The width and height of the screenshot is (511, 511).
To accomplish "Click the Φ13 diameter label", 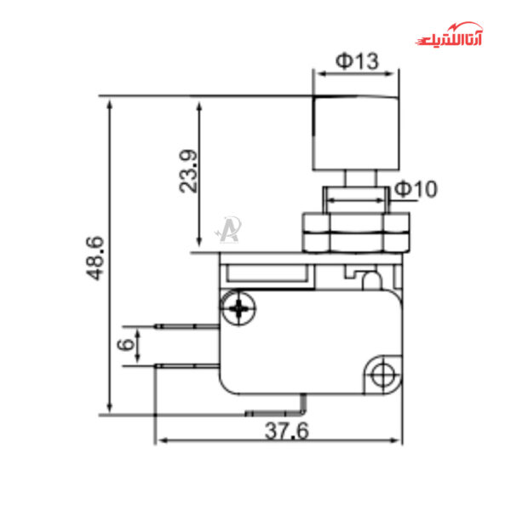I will (x=356, y=60).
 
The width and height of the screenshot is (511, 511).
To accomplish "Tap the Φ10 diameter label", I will (x=416, y=189).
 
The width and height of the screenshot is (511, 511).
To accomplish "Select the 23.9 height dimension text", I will (x=189, y=171).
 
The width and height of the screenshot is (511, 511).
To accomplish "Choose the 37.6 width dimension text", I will (x=285, y=431).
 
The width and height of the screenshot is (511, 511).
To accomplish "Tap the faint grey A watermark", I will (x=227, y=228).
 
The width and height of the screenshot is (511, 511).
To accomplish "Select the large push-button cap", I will (x=356, y=133).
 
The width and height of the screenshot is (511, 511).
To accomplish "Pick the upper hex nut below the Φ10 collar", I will (x=355, y=223).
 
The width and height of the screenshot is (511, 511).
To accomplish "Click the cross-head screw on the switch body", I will (x=239, y=307).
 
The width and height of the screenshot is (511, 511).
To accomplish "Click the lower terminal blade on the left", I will (x=187, y=365).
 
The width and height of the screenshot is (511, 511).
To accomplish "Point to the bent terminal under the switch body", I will (x=281, y=411).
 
